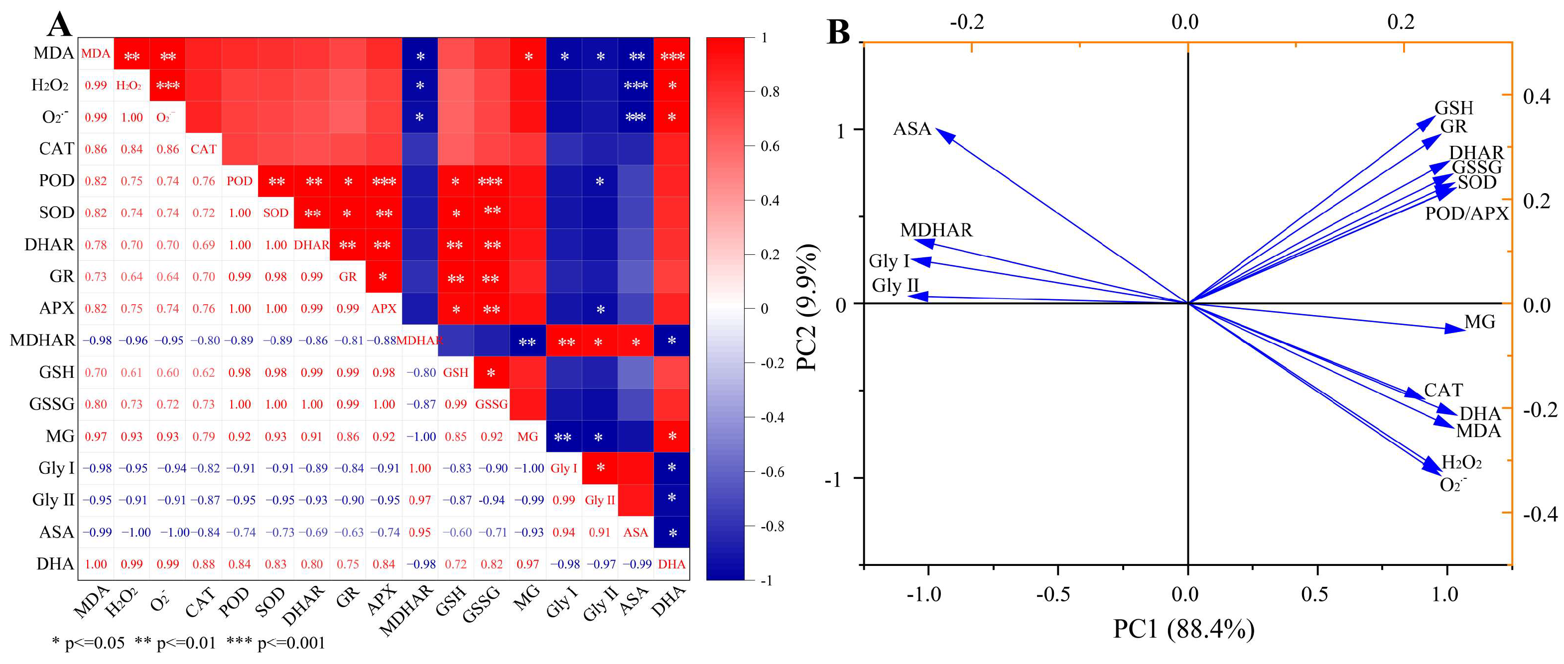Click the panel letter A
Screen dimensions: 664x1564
59,24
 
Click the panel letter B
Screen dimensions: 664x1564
838,31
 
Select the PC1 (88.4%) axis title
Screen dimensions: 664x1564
1183,629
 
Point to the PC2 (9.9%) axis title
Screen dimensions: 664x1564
807,307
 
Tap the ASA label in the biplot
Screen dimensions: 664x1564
912,129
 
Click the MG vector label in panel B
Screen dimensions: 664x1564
1480,322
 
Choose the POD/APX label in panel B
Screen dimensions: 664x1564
1466,214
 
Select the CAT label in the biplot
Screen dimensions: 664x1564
1443,390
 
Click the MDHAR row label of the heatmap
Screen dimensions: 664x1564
42,340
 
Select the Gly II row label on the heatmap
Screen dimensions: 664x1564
53,500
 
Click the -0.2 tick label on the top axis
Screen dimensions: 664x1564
967,22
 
